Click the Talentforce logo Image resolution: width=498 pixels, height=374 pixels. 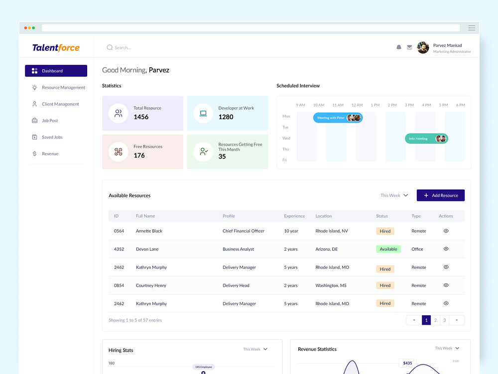[x=56, y=48]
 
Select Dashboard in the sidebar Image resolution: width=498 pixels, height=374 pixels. [x=56, y=71]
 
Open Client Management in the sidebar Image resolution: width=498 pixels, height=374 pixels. [x=60, y=104]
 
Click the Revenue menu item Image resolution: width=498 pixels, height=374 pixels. [x=50, y=154]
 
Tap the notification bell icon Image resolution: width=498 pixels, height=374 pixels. [x=399, y=47]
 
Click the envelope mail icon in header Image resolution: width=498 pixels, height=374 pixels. [x=409, y=47]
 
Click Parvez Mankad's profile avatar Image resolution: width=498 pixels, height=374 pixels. [x=423, y=48]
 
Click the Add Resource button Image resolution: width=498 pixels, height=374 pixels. [x=440, y=195]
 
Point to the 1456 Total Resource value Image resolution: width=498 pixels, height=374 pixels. [x=141, y=117]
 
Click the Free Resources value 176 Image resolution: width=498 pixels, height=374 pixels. [x=139, y=156]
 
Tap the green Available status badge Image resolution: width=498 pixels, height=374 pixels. [x=388, y=249]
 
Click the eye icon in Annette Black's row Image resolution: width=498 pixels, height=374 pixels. [x=446, y=231]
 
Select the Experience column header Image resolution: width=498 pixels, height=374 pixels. [x=294, y=216]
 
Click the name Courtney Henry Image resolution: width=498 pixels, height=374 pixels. [x=151, y=286]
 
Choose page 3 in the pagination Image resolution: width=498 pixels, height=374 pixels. [x=444, y=320]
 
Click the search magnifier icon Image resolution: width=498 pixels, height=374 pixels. [x=110, y=48]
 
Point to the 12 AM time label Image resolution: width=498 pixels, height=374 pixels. [x=357, y=105]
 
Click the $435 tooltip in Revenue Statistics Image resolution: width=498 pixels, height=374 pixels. [x=407, y=363]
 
